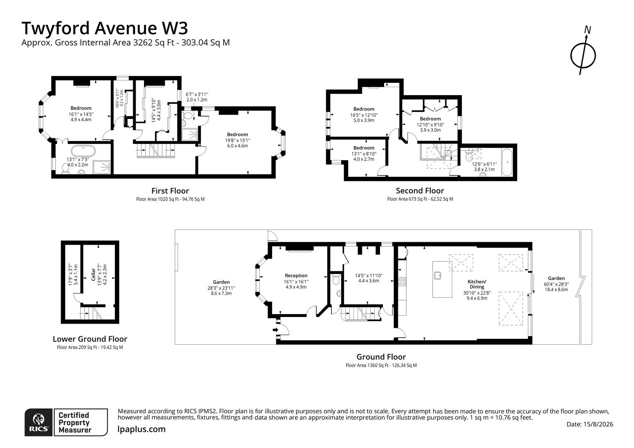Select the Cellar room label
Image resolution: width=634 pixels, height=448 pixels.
pos(93,275)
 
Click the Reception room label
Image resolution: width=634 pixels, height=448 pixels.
pos(296,275)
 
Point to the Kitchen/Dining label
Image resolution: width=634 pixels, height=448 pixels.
pos(477,284)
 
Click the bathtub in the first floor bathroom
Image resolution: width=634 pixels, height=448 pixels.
pos(83,151)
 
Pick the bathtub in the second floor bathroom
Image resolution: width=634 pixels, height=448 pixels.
pos(507,163)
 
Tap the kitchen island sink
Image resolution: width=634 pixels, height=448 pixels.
pos(438,275)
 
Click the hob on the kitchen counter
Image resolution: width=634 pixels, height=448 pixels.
pos(402,281)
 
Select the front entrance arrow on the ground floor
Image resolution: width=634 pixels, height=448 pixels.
pos(276,330)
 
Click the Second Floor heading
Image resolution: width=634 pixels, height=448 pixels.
pos(420,190)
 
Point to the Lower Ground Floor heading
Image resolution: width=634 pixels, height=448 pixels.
pos(90,339)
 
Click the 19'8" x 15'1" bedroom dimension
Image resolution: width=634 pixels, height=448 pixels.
pos(237,140)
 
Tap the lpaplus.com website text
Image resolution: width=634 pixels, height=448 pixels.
pos(141,429)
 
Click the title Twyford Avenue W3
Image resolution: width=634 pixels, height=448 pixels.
pos(105,28)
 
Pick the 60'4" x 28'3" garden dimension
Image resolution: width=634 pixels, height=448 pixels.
pos(556,284)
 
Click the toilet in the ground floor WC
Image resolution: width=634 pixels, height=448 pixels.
pos(336,279)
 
